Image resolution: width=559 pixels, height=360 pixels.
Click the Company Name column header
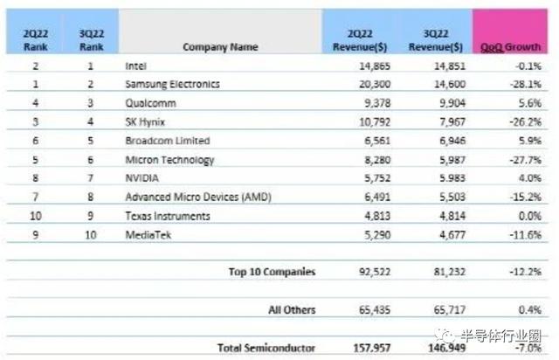(219, 46)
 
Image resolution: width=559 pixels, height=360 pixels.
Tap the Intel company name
(137, 66)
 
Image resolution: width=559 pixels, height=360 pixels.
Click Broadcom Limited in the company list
(168, 141)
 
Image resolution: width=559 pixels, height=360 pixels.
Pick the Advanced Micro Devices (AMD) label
(197, 197)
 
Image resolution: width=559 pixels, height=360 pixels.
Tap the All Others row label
(292, 309)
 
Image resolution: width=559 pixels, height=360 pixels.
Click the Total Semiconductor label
(266, 348)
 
